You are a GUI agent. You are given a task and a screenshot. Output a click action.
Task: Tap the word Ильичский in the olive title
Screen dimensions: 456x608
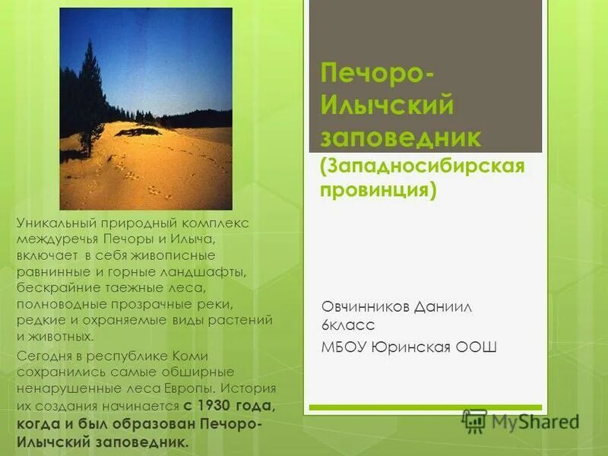[x=387, y=106]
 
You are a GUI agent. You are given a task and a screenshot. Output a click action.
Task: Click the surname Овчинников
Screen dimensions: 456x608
[x=366, y=306]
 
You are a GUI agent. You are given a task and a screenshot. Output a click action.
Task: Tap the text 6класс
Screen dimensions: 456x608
[x=347, y=325]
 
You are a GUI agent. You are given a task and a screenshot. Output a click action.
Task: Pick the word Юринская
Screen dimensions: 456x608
[x=411, y=347]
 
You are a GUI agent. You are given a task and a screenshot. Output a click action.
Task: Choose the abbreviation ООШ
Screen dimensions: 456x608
[x=477, y=347]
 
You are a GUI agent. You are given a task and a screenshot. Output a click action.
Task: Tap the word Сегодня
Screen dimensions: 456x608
[x=43, y=356]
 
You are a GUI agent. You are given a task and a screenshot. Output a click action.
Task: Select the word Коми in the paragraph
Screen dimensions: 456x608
[x=194, y=356]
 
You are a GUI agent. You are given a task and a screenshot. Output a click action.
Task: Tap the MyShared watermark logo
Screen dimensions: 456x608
[x=521, y=421]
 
